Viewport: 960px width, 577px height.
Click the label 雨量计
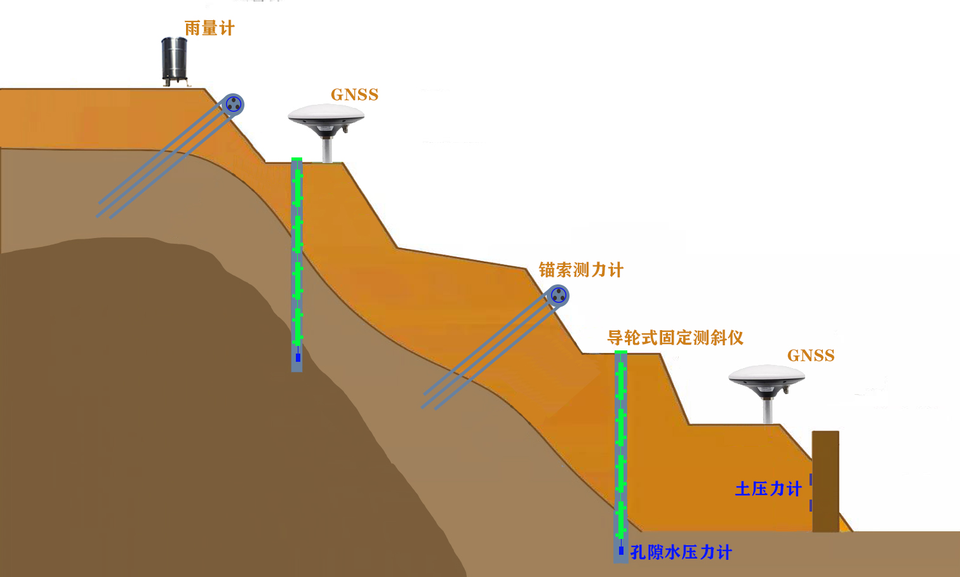coord(210,29)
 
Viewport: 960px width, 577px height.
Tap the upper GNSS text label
coord(354,95)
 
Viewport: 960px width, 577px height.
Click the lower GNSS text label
coord(811,356)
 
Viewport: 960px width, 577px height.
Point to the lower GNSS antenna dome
coord(766,376)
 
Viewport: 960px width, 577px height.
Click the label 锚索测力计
coord(581,270)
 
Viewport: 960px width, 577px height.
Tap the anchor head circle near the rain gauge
coord(234,105)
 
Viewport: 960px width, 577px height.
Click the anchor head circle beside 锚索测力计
coord(559,295)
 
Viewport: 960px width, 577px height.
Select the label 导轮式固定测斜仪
coord(675,338)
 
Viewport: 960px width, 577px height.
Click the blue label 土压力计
coord(768,489)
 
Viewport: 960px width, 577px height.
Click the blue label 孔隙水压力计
coord(681,552)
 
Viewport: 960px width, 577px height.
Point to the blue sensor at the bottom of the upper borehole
coord(298,358)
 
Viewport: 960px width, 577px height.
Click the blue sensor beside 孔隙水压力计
coord(621,550)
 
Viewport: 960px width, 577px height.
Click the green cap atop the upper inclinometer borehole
coord(297,159)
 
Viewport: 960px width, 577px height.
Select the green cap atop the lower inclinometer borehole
coord(621,352)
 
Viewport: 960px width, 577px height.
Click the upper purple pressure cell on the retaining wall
coord(811,479)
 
